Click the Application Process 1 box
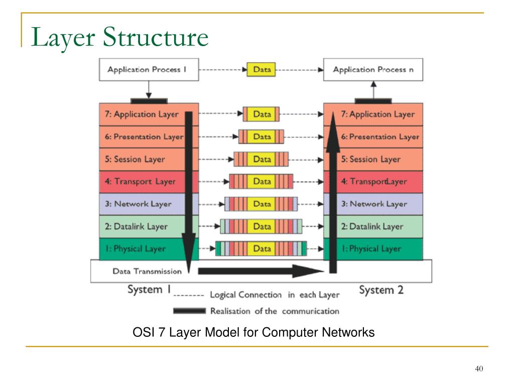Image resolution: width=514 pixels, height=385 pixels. coord(149,70)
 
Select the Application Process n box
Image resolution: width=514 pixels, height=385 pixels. coord(373,70)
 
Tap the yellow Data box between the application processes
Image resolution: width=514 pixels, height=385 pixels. coord(261,69)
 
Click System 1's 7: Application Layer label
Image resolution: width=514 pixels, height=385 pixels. coord(142,114)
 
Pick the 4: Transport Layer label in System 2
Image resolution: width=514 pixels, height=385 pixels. coord(373,181)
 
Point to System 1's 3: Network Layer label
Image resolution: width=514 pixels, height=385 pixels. coord(138,204)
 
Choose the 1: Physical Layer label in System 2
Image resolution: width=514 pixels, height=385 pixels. coord(371,249)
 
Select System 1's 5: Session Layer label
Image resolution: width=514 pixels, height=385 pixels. coord(135,159)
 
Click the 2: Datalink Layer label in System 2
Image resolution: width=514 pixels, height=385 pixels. coord(372,227)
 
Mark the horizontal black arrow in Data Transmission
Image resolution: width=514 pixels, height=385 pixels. coord(261,271)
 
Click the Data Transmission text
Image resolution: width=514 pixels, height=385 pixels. coord(147,271)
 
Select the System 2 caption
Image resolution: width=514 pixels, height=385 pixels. coord(381,290)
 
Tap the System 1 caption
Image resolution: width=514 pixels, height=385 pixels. coord(149,289)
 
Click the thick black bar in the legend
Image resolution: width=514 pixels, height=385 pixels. coord(189,311)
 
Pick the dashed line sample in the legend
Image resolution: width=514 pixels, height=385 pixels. coord(189,296)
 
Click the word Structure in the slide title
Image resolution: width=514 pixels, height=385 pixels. coord(156,37)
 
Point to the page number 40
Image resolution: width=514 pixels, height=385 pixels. coord(479,368)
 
